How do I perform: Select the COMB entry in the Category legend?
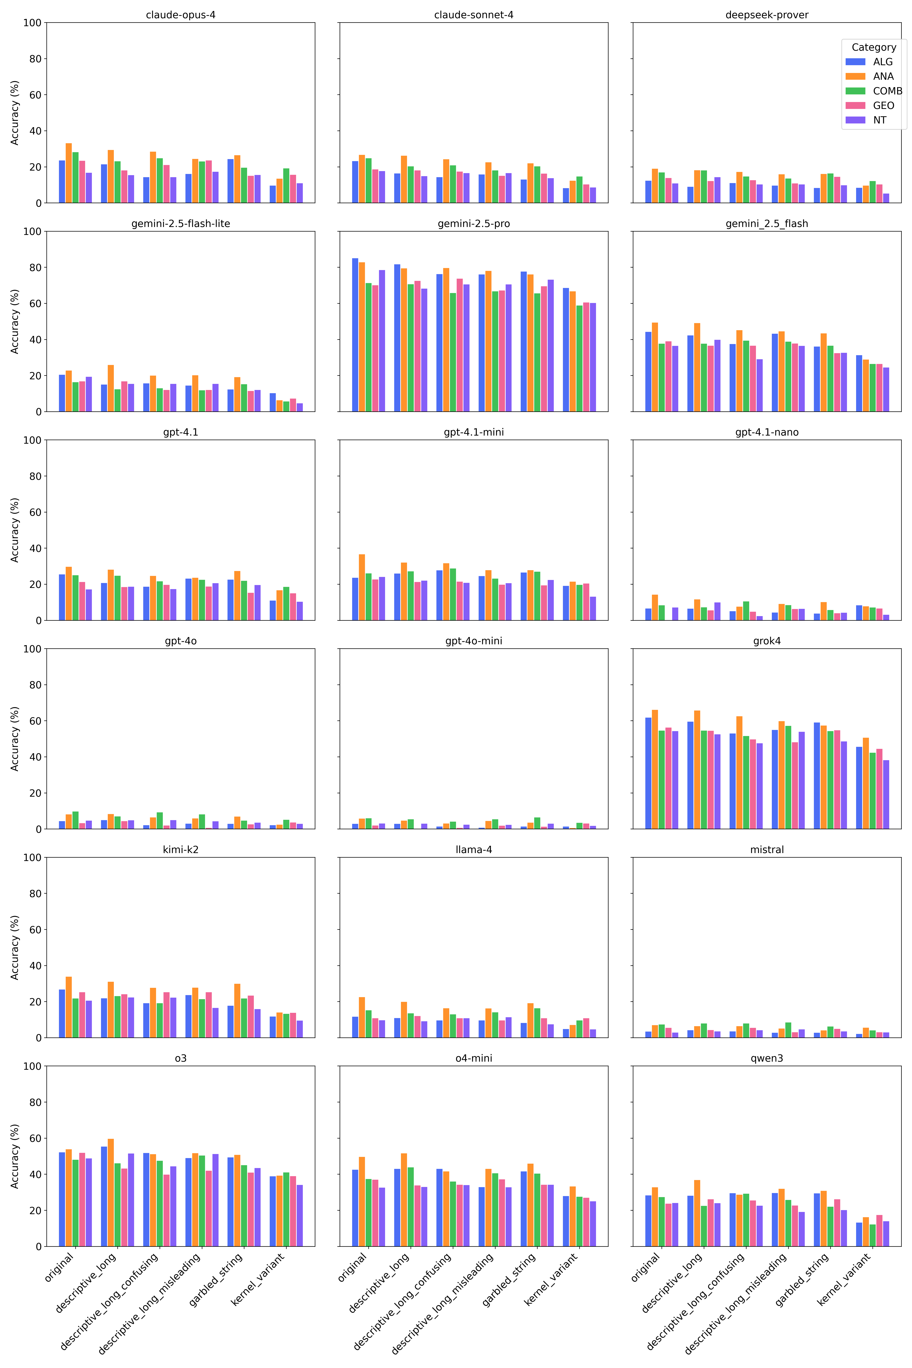(x=887, y=91)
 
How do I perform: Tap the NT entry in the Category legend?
(x=879, y=120)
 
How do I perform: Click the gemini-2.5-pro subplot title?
(x=473, y=224)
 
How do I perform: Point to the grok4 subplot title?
(x=767, y=641)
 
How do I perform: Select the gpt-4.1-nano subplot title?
(x=767, y=432)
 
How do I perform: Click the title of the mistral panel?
(x=767, y=850)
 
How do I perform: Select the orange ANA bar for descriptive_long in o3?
(x=110, y=1192)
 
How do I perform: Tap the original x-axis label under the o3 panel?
(x=59, y=1268)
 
